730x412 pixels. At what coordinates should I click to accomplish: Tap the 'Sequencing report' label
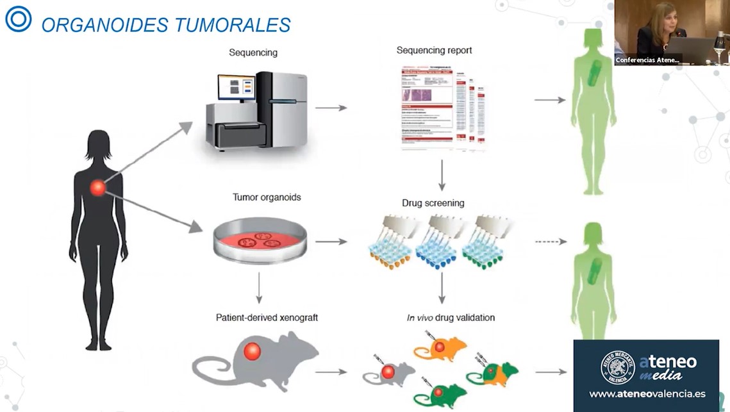(x=434, y=50)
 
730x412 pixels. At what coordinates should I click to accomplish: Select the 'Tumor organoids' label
(x=267, y=197)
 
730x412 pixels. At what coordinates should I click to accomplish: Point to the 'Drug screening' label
(x=433, y=203)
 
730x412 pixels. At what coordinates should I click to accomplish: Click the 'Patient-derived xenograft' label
(x=267, y=317)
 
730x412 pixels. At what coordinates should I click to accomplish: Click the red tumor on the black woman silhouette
(x=97, y=188)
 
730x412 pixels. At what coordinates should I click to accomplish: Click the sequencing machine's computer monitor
(x=236, y=88)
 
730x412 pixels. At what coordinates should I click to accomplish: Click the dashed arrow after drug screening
(x=551, y=242)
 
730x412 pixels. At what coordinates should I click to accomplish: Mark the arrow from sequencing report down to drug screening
(x=442, y=176)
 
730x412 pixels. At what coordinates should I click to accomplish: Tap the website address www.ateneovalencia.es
(x=647, y=393)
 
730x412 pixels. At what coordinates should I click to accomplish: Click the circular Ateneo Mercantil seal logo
(x=617, y=367)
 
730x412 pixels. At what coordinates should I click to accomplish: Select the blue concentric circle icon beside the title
(x=18, y=19)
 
